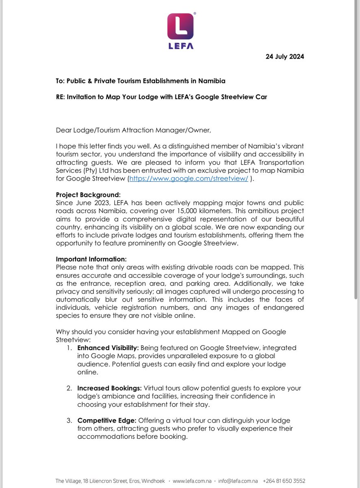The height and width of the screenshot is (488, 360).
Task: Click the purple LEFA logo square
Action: [x=180, y=26]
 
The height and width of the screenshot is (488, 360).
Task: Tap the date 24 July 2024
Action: [x=284, y=57]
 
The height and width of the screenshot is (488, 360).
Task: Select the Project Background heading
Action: [x=89, y=194]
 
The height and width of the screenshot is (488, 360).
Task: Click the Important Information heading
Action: [x=91, y=259]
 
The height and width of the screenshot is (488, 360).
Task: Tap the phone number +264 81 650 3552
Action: [x=284, y=481]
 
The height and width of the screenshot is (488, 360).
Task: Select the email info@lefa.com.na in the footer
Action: [x=238, y=481]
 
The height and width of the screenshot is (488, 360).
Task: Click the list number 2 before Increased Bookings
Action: [x=69, y=388]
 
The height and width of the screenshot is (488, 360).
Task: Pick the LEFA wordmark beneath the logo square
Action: [x=180, y=46]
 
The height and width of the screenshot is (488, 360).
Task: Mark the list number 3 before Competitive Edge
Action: [x=69, y=420]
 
